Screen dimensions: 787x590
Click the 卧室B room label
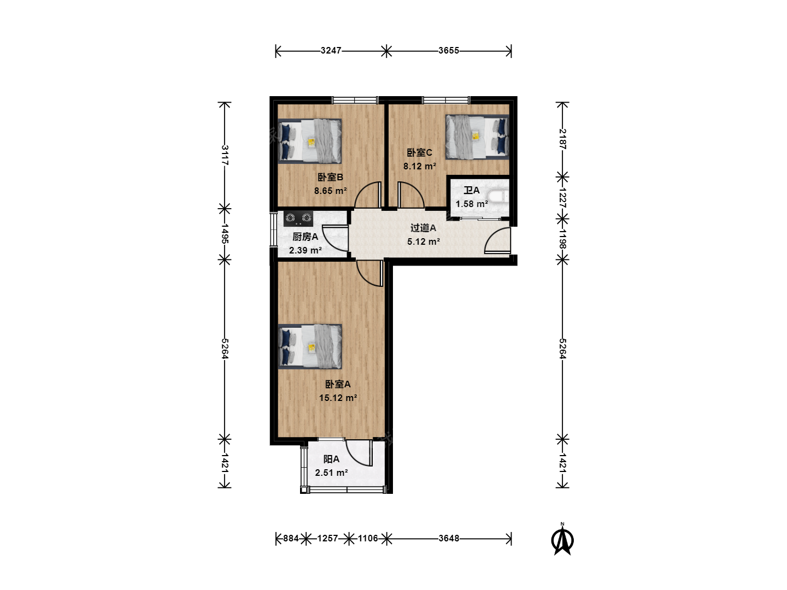[330, 177]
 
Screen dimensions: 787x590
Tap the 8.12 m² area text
[420, 166]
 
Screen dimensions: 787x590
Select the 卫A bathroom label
[472, 190]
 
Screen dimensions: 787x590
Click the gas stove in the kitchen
[298, 218]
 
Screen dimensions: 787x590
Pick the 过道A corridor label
[423, 228]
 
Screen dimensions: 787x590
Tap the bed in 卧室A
[310, 346]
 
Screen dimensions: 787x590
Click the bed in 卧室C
[477, 137]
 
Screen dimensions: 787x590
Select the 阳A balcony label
[331, 459]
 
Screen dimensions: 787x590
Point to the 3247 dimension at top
[331, 50]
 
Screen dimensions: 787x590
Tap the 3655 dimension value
[449, 50]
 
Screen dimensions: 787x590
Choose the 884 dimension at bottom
[291, 539]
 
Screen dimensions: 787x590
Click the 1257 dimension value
[328, 539]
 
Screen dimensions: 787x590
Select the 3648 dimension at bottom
[449, 539]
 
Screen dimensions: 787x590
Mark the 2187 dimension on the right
[562, 139]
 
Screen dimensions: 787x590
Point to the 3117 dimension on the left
[225, 155]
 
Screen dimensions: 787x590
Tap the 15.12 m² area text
[338, 398]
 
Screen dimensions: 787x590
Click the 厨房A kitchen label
[305, 237]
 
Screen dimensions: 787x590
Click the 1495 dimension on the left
[225, 234]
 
